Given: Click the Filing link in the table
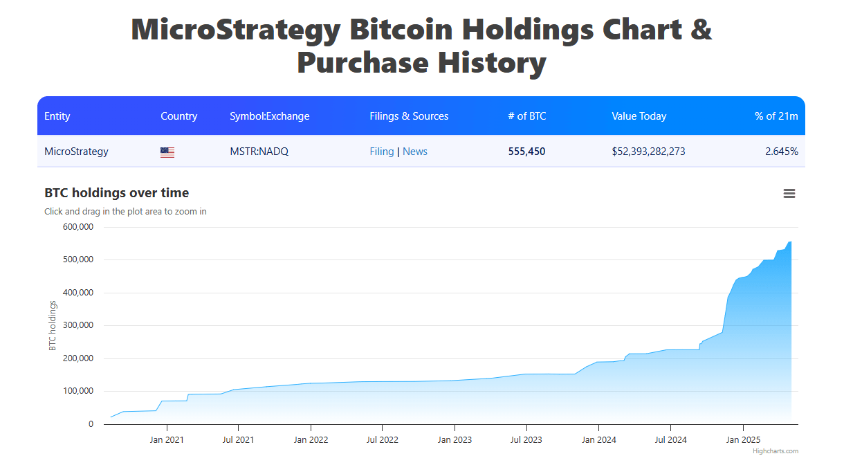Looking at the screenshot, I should (x=381, y=152).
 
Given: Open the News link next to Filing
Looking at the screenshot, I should (x=415, y=152).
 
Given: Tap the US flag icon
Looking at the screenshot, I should (x=167, y=152).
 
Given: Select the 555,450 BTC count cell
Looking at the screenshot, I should (x=526, y=152).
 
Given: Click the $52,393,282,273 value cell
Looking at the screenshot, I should (x=648, y=152).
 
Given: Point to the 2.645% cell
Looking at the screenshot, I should (x=781, y=152).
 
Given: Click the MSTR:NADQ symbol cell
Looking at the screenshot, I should (x=259, y=152).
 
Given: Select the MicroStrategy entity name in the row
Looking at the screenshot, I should (x=76, y=152).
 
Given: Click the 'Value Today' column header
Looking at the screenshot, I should (x=639, y=116).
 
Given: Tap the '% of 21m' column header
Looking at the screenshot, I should (x=776, y=116).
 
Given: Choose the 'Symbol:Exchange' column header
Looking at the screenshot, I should (x=269, y=116).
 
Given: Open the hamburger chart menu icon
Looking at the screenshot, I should (x=789, y=194).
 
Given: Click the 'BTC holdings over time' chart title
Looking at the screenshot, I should (x=116, y=193).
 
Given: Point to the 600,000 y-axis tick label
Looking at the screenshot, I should (x=77, y=227).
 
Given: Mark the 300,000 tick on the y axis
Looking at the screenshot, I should (x=77, y=325).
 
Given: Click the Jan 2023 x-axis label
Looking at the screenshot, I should (x=455, y=439).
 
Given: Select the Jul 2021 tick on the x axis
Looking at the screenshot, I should (x=239, y=439).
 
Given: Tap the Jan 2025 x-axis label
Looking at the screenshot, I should (x=743, y=439).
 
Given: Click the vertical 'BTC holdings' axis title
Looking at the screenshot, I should (x=53, y=325).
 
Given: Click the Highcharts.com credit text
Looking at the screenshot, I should (x=776, y=451).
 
